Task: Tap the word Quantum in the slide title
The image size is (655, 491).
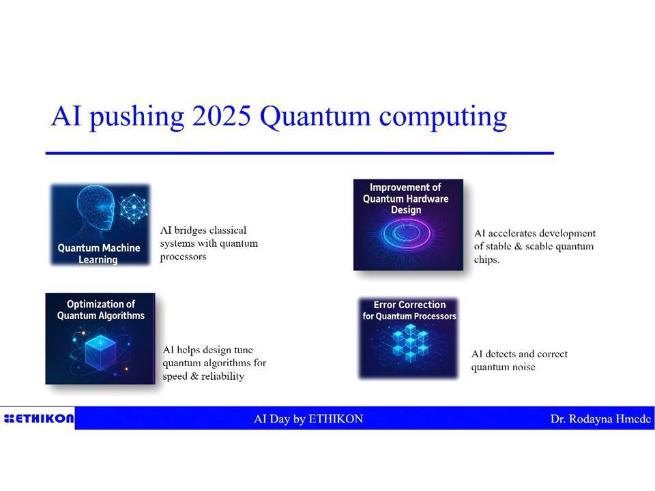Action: click(315, 117)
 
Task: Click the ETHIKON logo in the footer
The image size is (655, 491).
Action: click(38, 418)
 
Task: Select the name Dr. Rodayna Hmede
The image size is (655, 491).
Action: click(600, 419)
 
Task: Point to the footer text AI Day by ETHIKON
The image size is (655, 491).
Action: click(308, 419)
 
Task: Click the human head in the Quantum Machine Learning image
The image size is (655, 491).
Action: click(96, 209)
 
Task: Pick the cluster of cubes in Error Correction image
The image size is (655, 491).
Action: click(410, 342)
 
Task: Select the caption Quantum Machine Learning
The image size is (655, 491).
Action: click(98, 254)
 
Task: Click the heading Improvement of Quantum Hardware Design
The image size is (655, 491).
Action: click(405, 198)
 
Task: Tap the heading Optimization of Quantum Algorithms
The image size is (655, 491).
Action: click(101, 310)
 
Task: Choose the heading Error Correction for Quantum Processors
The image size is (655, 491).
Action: click(409, 310)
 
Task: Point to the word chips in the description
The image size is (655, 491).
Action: click(486, 260)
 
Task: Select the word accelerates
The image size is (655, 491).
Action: click(512, 233)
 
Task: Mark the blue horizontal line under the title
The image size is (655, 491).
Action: click(300, 153)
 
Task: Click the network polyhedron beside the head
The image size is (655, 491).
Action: click(134, 208)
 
